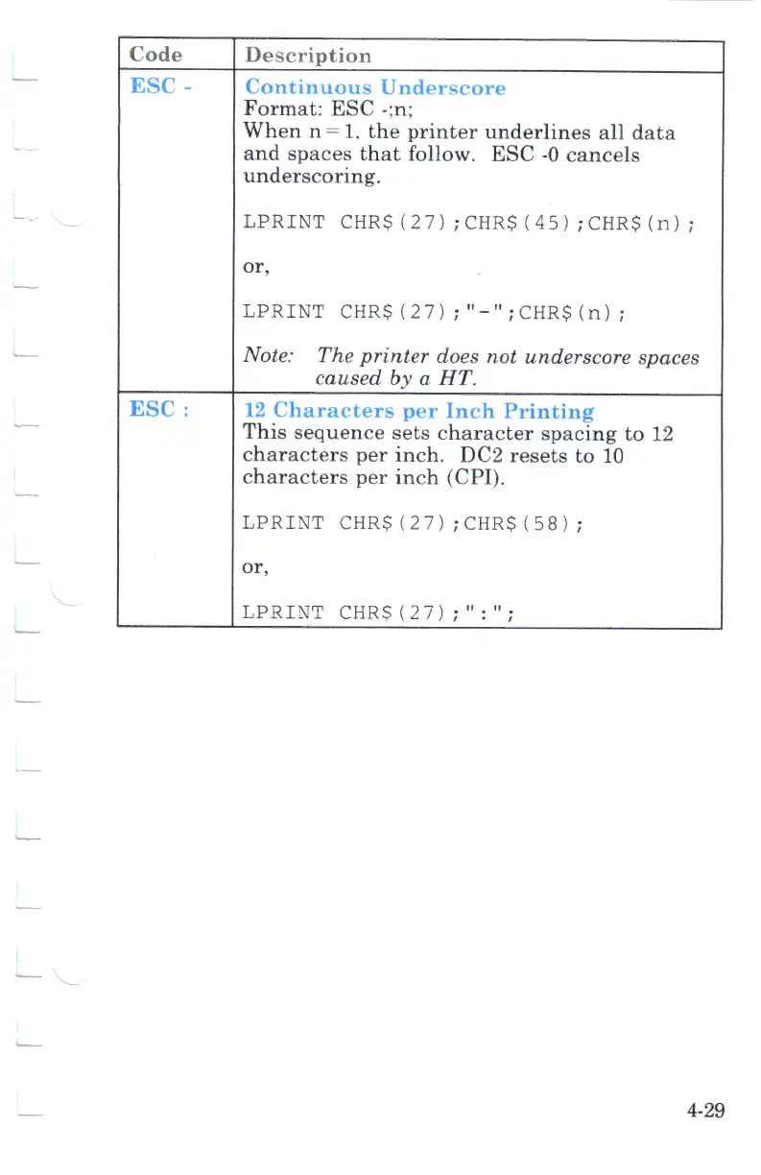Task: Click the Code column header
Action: (x=155, y=55)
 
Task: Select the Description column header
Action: (x=307, y=56)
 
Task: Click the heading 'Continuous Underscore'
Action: (x=375, y=87)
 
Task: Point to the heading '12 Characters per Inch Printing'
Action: (x=419, y=412)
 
